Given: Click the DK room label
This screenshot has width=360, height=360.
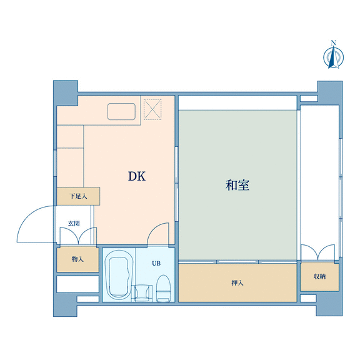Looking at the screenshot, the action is (x=137, y=176).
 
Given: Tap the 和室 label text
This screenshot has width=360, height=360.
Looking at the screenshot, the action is (x=237, y=185).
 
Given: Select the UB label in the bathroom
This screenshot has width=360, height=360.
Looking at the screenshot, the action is (x=156, y=263).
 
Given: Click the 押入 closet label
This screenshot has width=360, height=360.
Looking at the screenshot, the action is (x=237, y=283).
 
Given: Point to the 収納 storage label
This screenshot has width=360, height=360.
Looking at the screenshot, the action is (x=319, y=276).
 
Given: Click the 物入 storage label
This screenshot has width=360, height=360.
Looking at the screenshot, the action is (x=77, y=259).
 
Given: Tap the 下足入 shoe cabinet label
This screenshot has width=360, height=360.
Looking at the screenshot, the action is (x=78, y=196).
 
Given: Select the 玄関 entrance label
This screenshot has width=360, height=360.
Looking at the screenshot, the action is (x=74, y=223).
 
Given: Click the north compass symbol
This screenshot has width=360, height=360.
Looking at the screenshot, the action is (x=333, y=57).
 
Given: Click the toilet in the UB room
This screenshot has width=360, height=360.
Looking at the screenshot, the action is (x=163, y=288).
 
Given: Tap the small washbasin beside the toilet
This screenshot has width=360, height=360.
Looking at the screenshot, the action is (x=142, y=293).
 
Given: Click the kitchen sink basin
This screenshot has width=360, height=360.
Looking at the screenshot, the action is (x=121, y=111).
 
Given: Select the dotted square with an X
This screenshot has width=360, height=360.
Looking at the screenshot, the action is (x=152, y=109).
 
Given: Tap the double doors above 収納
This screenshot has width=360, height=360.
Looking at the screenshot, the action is (x=318, y=252).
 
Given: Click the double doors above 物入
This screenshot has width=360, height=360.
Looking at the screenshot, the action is (x=78, y=236).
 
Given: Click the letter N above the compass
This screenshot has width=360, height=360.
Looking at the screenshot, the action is (x=334, y=42).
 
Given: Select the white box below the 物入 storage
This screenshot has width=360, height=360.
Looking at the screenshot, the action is (x=77, y=284).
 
